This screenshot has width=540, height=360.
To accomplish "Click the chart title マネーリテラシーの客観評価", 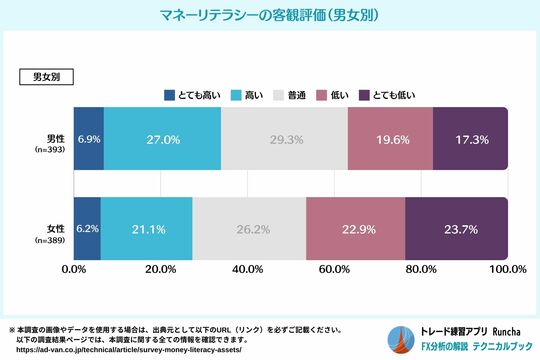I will (x=270, y=17).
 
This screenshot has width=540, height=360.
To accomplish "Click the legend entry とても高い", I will (x=193, y=95).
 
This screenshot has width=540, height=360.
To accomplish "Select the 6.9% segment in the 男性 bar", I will (x=88, y=140).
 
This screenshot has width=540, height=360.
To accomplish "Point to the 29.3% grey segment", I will (x=284, y=140).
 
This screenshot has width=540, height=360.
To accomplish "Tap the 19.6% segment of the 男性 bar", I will (x=390, y=140).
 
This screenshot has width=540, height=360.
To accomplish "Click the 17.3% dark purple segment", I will (x=470, y=140).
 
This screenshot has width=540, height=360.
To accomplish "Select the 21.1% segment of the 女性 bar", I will (x=146, y=228).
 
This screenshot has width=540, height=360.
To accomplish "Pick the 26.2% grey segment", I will (x=249, y=228).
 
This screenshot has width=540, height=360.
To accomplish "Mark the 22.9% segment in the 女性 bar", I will (x=355, y=228).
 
